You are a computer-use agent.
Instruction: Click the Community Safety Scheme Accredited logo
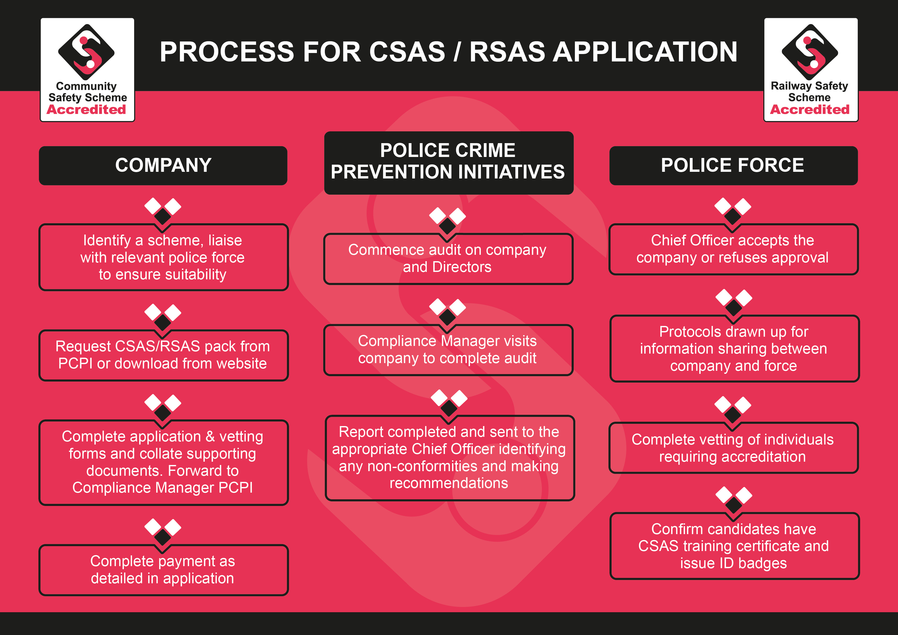[87, 70]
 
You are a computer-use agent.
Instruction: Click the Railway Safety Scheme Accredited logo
[811, 70]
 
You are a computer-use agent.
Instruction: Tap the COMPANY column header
[163, 165]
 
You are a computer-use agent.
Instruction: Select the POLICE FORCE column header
[733, 165]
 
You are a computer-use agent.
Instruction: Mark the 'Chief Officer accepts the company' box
[734, 249]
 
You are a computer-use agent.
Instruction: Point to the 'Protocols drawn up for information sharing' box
[734, 348]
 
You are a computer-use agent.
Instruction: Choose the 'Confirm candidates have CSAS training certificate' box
[734, 546]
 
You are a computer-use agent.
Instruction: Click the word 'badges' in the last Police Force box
[762, 563]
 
